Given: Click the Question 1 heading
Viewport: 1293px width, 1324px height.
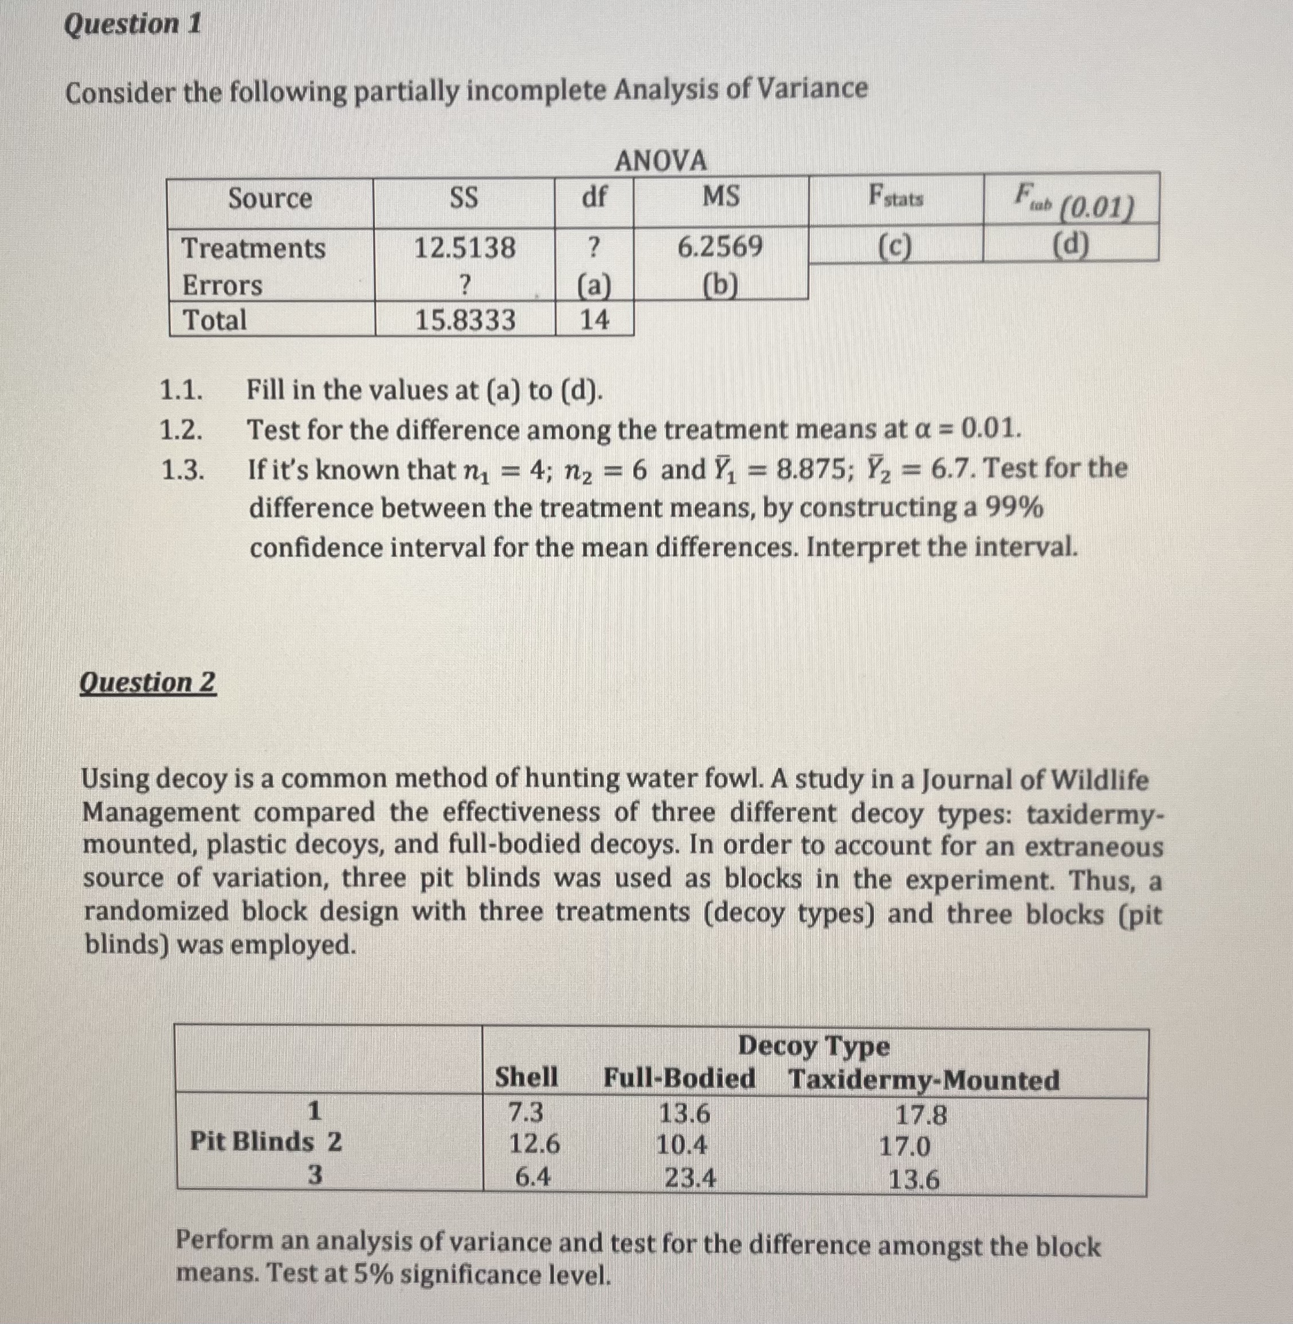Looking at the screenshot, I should [x=132, y=25].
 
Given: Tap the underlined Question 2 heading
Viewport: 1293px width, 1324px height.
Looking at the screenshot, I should [x=147, y=682].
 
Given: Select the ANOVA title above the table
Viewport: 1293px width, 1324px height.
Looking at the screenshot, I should [x=660, y=162].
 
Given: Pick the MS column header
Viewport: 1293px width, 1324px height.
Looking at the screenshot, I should [x=720, y=197].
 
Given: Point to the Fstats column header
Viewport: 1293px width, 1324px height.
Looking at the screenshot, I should [x=896, y=198].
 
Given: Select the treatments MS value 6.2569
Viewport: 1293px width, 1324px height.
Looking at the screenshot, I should [x=720, y=246].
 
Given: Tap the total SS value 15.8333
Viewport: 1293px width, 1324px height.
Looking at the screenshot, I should [x=465, y=320].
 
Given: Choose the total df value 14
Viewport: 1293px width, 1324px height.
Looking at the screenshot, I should [x=594, y=319].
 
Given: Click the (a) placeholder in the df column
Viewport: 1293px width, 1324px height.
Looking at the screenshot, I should [x=594, y=286].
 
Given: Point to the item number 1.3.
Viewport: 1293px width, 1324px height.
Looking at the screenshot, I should [x=182, y=470].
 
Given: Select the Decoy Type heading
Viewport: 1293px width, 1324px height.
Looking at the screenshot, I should [x=813, y=1046].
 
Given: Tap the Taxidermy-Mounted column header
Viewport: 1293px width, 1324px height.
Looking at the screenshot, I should [x=923, y=1079].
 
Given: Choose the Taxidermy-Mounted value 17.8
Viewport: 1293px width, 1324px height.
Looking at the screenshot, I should [x=920, y=1115].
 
